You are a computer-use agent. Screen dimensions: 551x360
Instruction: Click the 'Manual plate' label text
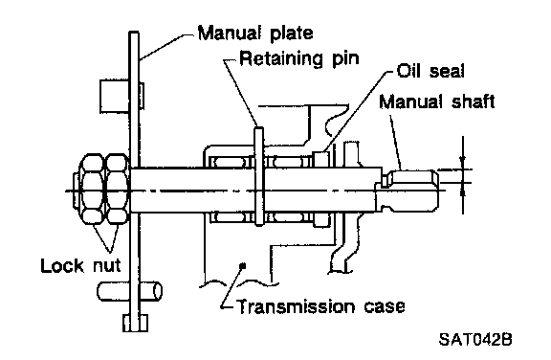pyautogui.click(x=255, y=34)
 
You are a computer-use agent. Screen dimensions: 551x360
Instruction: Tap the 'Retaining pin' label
pyautogui.click(x=299, y=58)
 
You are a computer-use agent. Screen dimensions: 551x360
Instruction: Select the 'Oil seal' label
pyautogui.click(x=430, y=71)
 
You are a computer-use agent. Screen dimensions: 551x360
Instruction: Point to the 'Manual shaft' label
pyautogui.click(x=437, y=101)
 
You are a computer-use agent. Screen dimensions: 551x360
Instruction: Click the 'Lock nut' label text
pyautogui.click(x=80, y=265)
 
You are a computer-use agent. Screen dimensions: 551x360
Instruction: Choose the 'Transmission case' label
pyautogui.click(x=321, y=306)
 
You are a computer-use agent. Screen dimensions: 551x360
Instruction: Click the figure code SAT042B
pyautogui.click(x=475, y=340)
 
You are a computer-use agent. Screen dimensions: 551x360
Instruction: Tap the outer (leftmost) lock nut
pyautogui.click(x=93, y=189)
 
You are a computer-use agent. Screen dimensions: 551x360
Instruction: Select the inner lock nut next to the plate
pyautogui.click(x=118, y=189)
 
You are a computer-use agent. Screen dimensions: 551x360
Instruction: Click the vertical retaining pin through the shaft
pyautogui.click(x=259, y=176)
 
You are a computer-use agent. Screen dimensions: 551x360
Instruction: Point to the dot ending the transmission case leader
pyautogui.click(x=242, y=266)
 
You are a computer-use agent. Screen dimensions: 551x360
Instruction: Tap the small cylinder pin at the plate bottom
pyautogui.click(x=129, y=291)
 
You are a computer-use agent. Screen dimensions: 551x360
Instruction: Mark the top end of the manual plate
pyautogui.click(x=134, y=33)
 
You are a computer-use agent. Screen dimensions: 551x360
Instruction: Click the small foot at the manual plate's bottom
pyautogui.click(x=135, y=323)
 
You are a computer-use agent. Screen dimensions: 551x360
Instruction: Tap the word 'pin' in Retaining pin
pyautogui.click(x=345, y=59)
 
